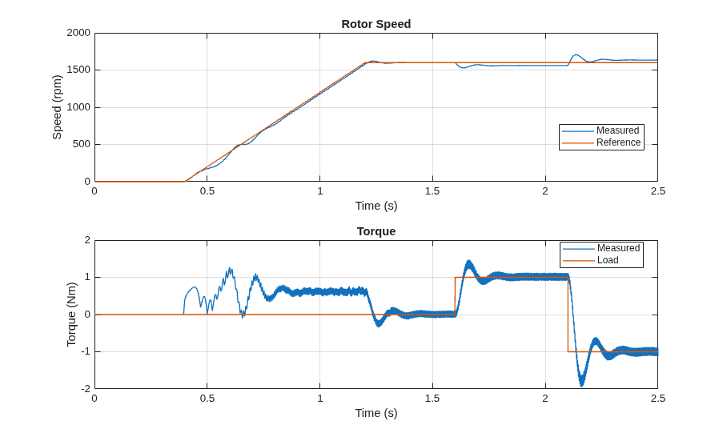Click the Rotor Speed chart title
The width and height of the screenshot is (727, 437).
(x=376, y=24)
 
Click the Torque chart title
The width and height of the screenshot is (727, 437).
(x=376, y=231)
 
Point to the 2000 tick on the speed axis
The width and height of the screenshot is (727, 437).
(x=78, y=33)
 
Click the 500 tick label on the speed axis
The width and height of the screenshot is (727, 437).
(x=82, y=144)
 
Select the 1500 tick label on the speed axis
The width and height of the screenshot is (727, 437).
(x=78, y=70)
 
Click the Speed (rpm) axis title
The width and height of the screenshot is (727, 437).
(x=57, y=107)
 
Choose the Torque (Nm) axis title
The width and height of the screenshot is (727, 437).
(x=71, y=315)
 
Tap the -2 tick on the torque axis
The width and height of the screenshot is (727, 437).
(x=86, y=389)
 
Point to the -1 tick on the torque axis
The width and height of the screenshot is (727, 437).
(x=86, y=351)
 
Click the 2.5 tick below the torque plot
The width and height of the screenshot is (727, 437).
(x=657, y=399)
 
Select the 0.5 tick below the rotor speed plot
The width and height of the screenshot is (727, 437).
(x=207, y=191)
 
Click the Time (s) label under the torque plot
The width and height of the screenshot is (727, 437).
(x=376, y=413)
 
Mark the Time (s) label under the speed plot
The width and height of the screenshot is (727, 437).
(x=376, y=206)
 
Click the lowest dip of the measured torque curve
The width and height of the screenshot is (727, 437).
(x=581, y=386)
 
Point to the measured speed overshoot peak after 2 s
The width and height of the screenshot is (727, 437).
(x=576, y=54)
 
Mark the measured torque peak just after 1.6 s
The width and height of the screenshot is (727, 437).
(x=468, y=261)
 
